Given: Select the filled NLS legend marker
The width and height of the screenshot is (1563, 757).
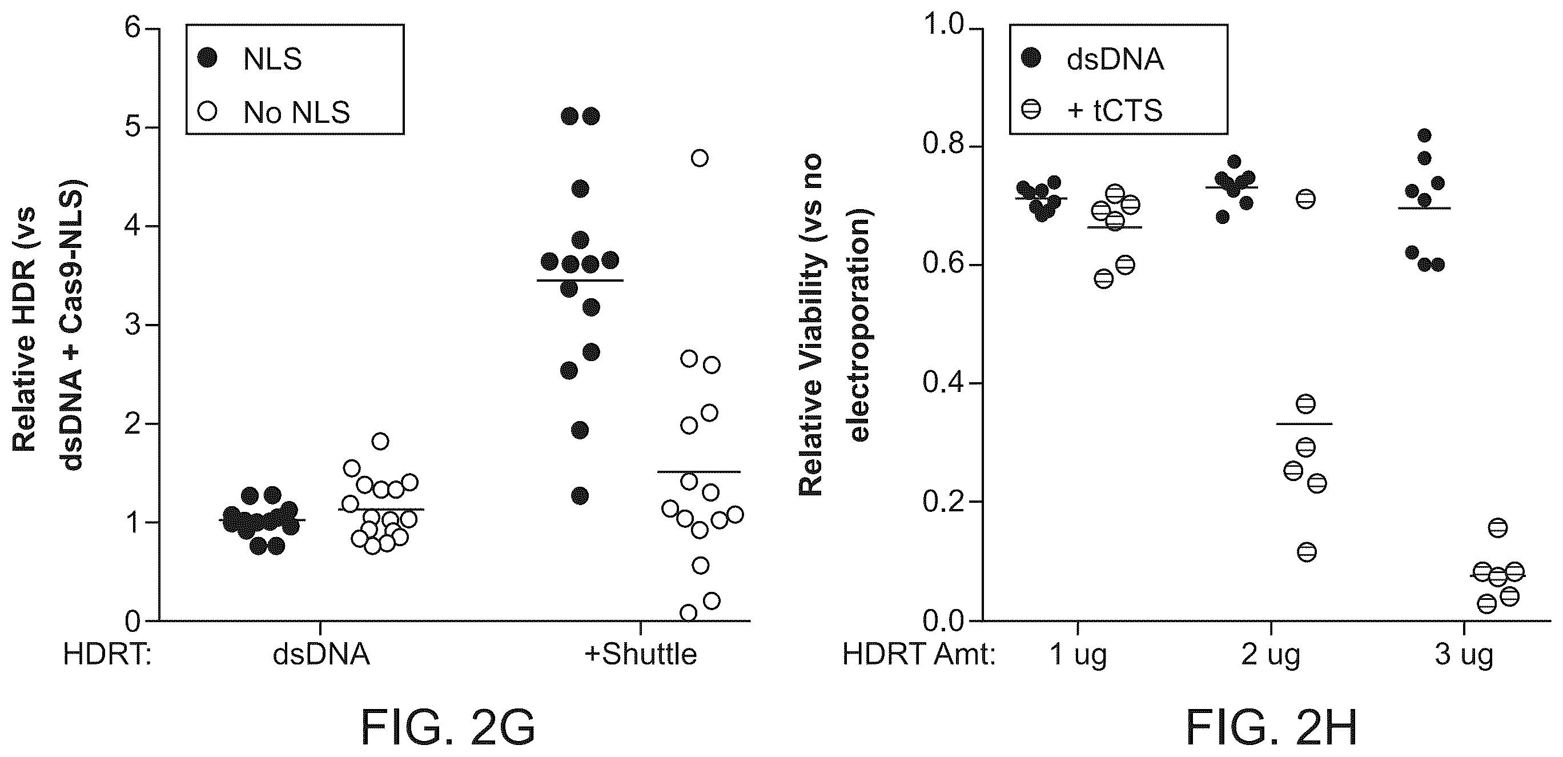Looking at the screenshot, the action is point(208,59).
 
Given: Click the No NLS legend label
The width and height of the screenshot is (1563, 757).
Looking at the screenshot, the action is point(297,113).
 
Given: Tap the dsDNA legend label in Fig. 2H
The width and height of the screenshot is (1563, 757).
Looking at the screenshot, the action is point(1115,59).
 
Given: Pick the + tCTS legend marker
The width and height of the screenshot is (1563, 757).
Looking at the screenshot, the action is point(1031,110).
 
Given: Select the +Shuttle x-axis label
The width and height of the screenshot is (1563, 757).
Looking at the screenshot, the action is point(640,654).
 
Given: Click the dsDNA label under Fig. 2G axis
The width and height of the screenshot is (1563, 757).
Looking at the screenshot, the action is point(321,654).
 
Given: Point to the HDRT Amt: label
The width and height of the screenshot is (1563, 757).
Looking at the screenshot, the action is point(919,654).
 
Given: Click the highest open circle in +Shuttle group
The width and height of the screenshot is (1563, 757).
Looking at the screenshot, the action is point(700,158).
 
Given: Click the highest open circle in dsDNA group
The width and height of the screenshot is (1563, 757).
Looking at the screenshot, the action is point(380,441).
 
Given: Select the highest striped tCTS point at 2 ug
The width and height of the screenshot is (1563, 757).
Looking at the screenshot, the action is point(1305,199).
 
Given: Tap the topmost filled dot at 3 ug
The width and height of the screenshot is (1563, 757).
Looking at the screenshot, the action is point(1425,135).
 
